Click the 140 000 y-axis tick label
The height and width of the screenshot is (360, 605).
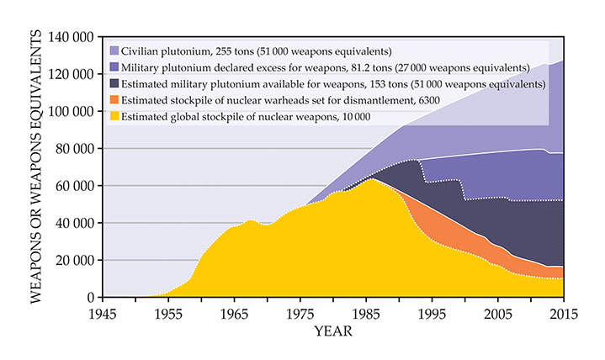tap(71, 38)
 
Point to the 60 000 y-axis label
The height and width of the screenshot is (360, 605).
tap(74, 186)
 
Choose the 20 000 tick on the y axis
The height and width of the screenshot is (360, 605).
tap(74, 260)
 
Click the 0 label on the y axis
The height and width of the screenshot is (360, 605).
tap(92, 297)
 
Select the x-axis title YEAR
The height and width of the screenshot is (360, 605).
tap(333, 331)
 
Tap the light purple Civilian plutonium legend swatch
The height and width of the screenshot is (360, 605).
tap(114, 50)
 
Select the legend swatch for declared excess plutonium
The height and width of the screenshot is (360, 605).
tap(114, 67)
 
